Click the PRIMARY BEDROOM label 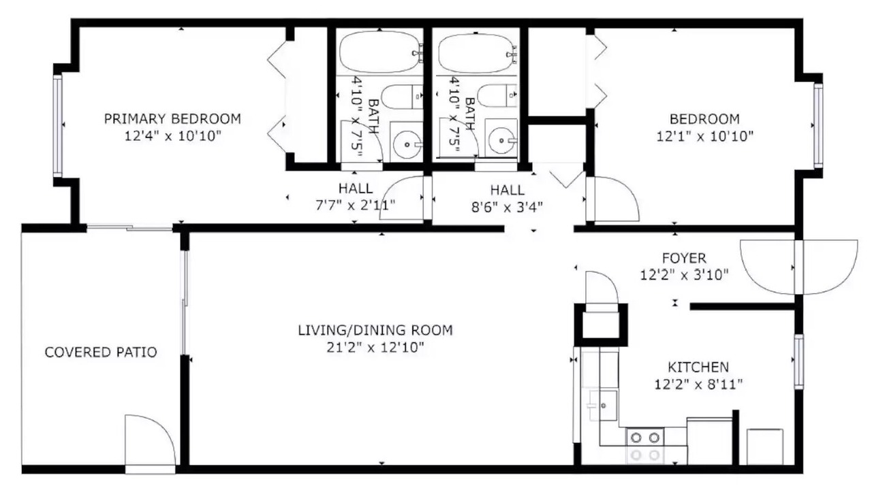pyautogui.click(x=172, y=118)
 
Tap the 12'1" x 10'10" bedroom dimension pyautogui.click(x=705, y=137)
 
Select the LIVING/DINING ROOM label pyautogui.click(x=375, y=330)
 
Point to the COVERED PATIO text pyautogui.click(x=101, y=353)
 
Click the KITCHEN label pyautogui.click(x=698, y=367)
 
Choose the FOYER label pyautogui.click(x=684, y=258)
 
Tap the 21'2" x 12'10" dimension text pyautogui.click(x=375, y=347)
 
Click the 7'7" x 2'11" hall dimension pyautogui.click(x=356, y=205)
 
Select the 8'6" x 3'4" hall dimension pyautogui.click(x=507, y=208)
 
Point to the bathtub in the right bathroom pyautogui.click(x=477, y=54)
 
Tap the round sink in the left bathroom pyautogui.click(x=407, y=144)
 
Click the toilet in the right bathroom pyautogui.click(x=497, y=96)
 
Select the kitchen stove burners pyautogui.click(x=644, y=446)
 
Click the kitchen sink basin pyautogui.click(x=603, y=406)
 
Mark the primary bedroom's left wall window pyautogui.click(x=58, y=125)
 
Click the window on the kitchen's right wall pyautogui.click(x=798, y=361)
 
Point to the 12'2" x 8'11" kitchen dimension pyautogui.click(x=698, y=385)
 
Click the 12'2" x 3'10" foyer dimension pyautogui.click(x=684, y=275)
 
